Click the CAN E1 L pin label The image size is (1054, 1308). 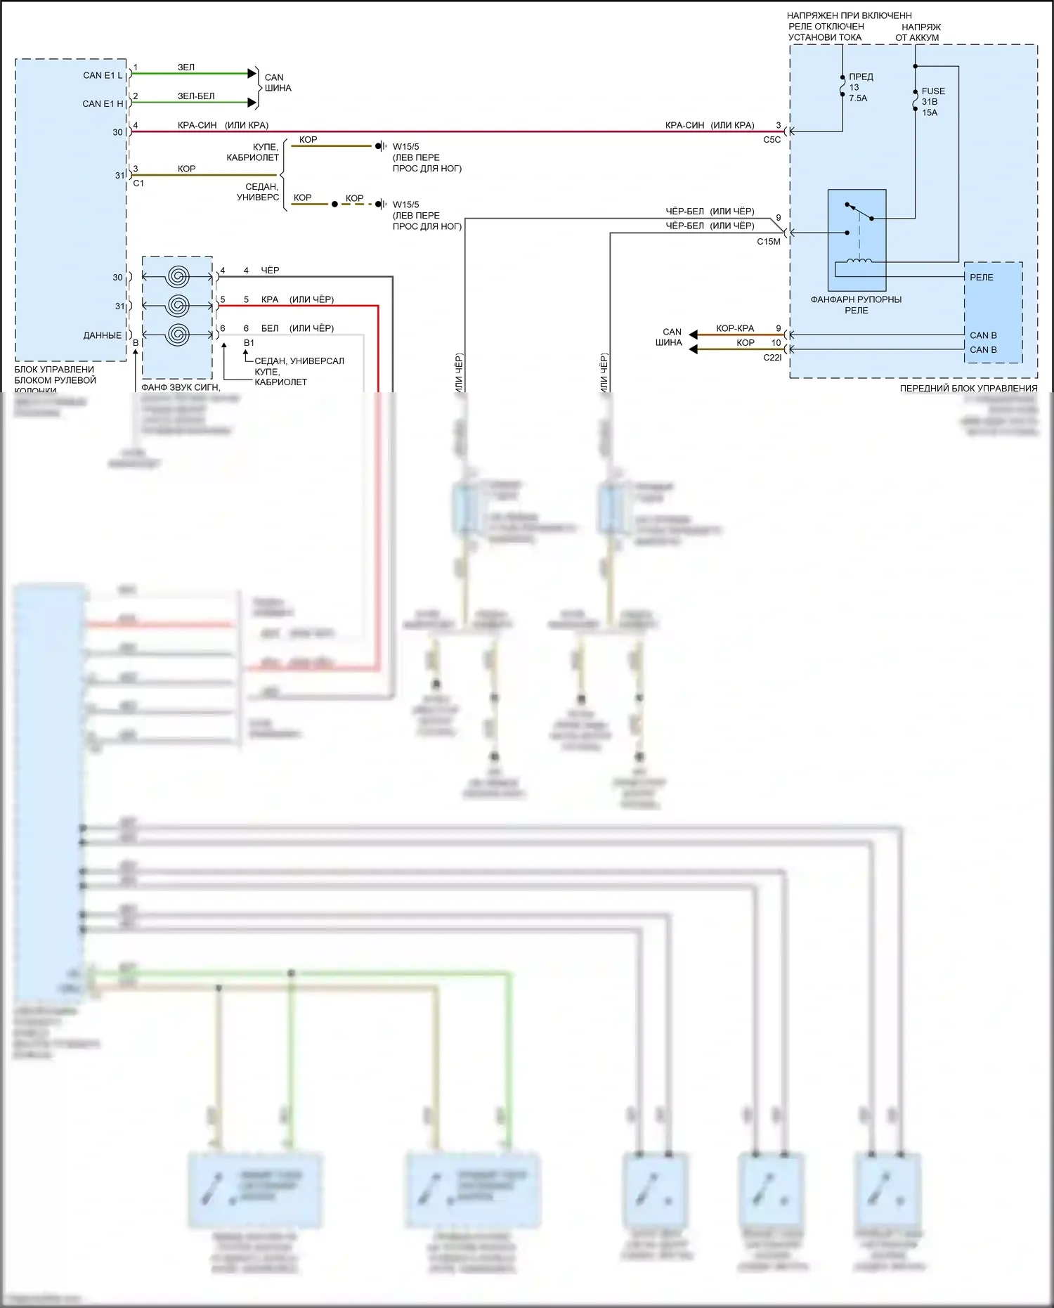(103, 75)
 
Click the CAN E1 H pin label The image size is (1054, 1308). (103, 104)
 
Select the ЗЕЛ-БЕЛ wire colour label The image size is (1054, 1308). (196, 96)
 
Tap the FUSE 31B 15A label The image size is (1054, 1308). (932, 102)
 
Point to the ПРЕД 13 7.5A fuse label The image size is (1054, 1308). (859, 87)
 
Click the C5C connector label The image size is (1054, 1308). (772, 140)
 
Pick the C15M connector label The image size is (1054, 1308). (768, 242)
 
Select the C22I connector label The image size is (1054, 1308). (772, 358)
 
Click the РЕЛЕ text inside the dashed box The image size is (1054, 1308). (982, 278)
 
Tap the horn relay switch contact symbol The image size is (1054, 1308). (859, 212)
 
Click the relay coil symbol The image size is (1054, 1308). (859, 261)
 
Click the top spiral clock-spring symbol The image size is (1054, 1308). (178, 277)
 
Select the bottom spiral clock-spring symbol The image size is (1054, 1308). (178, 335)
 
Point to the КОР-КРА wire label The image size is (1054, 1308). (735, 328)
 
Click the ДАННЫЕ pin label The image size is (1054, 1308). (103, 336)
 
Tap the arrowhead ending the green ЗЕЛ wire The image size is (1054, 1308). (252, 73)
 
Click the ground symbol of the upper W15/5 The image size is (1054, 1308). (379, 146)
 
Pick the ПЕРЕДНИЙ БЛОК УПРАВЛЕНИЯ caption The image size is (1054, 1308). (968, 389)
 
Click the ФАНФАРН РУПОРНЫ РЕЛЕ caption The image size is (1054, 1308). (856, 305)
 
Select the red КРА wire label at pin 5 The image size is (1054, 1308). (270, 299)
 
